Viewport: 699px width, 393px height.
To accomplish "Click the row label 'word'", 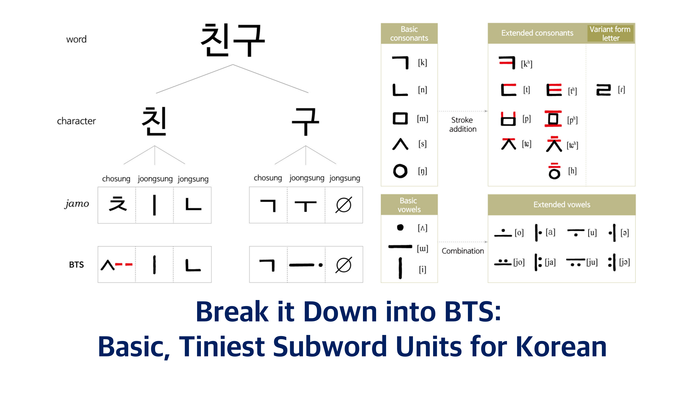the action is (76, 39).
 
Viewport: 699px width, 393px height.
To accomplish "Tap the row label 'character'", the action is (76, 121).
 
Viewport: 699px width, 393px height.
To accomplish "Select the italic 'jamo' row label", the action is (77, 204).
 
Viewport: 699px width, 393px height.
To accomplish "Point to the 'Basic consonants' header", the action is (409, 34).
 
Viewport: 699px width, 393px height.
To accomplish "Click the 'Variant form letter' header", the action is (610, 34).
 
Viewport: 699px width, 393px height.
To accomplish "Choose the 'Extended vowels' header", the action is (562, 205).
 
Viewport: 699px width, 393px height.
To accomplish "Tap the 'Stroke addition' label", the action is (463, 125).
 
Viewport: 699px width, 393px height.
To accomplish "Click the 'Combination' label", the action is (463, 251).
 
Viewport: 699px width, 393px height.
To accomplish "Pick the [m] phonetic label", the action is (423, 119).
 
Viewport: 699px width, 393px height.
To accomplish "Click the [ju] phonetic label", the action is (592, 262).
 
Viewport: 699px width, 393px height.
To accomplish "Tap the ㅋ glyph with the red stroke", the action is (507, 63).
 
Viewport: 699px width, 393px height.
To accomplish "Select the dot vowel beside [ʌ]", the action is (400, 227).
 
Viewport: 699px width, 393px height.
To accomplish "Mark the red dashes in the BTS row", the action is (124, 264).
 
